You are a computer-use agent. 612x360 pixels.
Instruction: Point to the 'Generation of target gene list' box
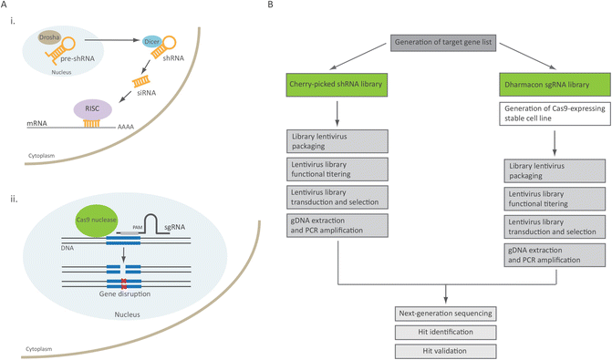[444, 42]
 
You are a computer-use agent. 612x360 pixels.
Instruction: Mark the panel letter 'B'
[290, 5]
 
